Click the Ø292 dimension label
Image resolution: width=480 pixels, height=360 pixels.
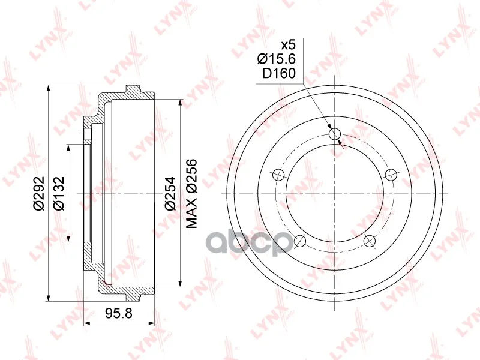[39, 193]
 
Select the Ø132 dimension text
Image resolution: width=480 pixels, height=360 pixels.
[58, 193]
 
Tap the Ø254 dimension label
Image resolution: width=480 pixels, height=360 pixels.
[170, 193]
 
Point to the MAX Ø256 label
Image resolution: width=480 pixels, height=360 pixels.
[191, 193]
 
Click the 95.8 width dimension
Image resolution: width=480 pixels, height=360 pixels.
[119, 313]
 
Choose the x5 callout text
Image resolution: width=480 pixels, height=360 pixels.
[289, 45]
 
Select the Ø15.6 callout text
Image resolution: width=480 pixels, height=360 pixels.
[277, 59]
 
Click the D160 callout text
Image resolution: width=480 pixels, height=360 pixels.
[279, 73]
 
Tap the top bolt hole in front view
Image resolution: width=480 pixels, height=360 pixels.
[335, 134]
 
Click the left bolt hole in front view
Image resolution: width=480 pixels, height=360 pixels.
[278, 175]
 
